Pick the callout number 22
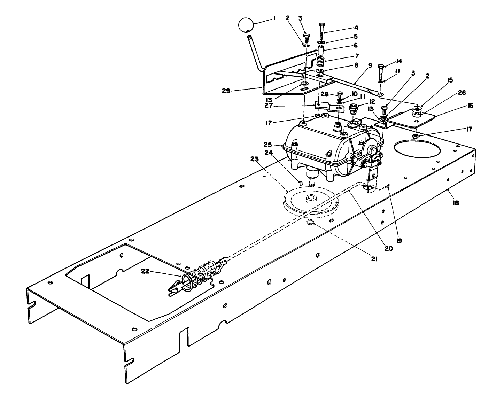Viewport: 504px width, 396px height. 145,271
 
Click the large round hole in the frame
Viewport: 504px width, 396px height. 417,149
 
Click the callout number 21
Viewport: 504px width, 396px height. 375,259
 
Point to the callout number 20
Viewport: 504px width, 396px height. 388,248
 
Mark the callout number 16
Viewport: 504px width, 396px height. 471,106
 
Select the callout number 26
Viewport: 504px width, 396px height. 462,93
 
